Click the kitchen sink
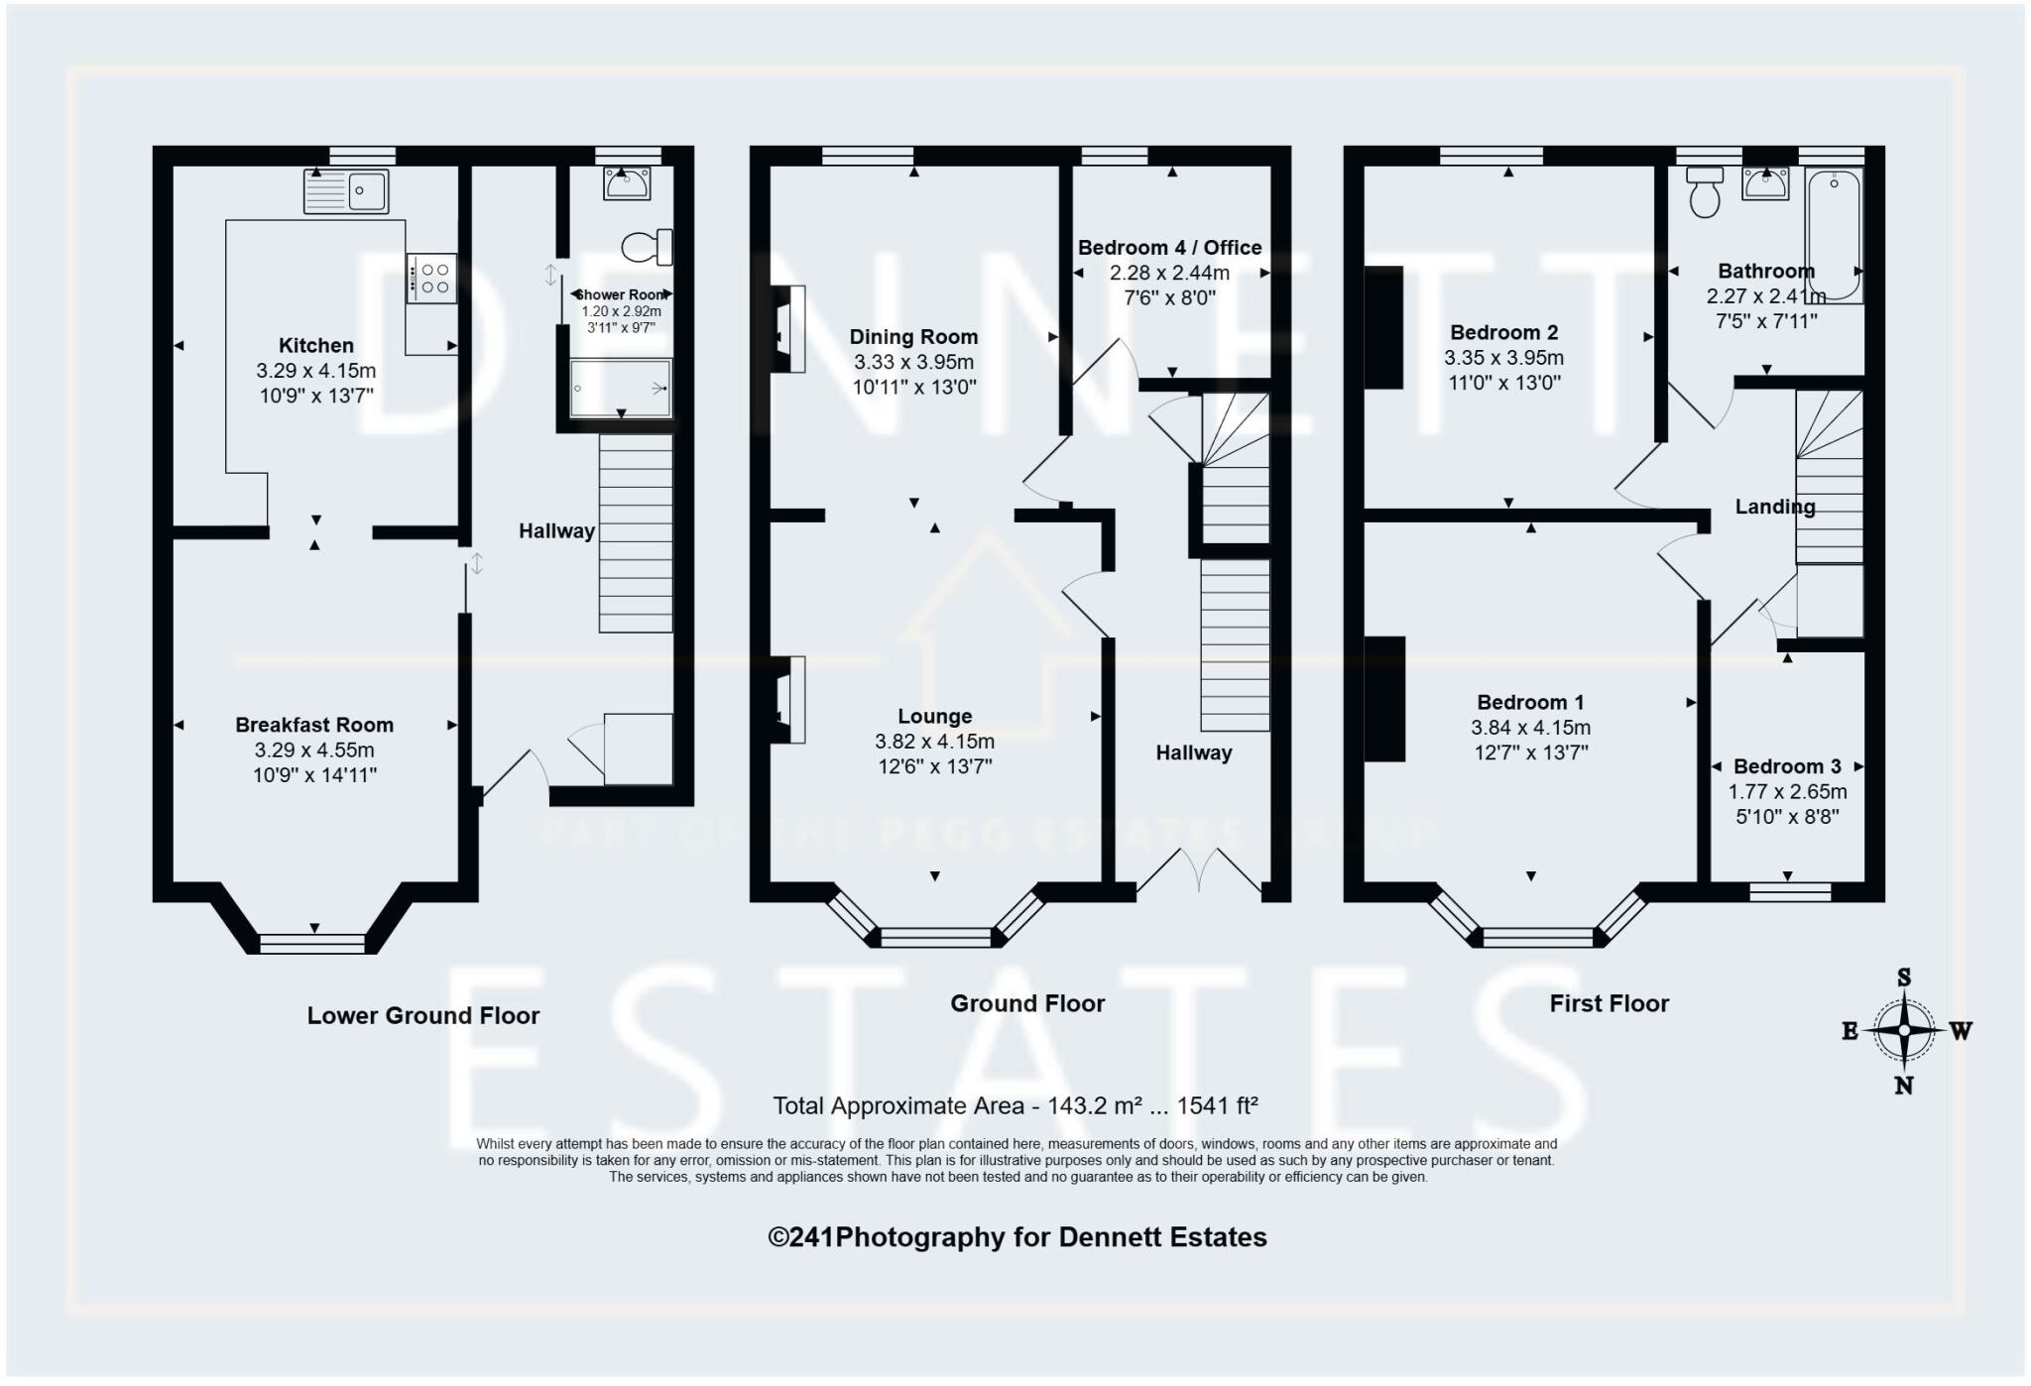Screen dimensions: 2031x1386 346,191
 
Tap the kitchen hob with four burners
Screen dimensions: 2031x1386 431,279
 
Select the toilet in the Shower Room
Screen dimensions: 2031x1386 648,247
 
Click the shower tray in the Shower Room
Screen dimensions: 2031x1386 621,388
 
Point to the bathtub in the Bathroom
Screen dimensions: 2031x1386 1834,234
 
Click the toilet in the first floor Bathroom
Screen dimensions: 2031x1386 1705,191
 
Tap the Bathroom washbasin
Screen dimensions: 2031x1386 1765,183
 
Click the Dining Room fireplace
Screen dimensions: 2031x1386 789,328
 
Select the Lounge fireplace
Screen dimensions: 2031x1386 789,699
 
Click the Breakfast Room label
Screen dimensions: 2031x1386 314,725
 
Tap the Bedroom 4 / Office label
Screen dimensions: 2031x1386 1169,248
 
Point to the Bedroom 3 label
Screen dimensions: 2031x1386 1787,766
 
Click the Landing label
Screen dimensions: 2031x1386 1774,507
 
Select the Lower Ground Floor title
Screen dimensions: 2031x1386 422,1015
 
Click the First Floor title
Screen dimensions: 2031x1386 1609,1003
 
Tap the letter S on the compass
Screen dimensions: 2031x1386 1903,978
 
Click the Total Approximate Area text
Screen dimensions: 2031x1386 1015,1105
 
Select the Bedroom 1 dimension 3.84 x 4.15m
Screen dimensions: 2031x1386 1530,728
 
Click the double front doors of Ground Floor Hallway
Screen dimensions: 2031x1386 1199,870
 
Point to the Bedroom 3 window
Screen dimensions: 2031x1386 1790,892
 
